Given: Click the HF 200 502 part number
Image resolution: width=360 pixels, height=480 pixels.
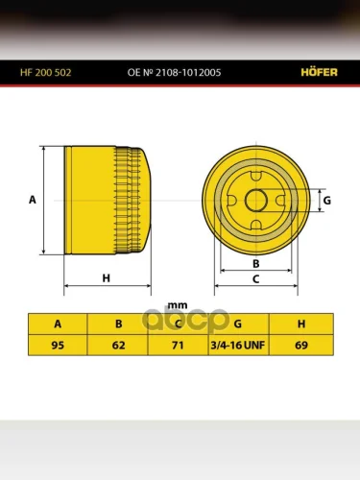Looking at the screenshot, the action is (x=46, y=73).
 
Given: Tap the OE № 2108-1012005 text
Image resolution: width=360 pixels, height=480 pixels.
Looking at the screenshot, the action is (x=174, y=73).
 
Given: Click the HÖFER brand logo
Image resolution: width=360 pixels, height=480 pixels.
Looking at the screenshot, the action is (x=319, y=72).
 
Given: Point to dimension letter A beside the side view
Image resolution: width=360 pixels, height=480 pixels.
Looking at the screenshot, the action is (x=33, y=200).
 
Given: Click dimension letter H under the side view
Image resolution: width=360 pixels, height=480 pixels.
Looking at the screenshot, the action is (x=107, y=278).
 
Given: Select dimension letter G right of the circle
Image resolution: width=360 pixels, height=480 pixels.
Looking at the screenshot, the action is (x=327, y=201).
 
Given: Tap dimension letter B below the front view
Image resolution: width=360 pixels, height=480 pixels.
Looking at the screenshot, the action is (x=256, y=264).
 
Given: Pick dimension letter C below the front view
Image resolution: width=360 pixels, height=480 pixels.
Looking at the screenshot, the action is (x=256, y=279).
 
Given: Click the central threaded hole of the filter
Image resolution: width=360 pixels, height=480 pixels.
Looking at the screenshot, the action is (x=256, y=201).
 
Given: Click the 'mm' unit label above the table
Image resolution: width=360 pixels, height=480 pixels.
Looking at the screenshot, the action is (x=178, y=305).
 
